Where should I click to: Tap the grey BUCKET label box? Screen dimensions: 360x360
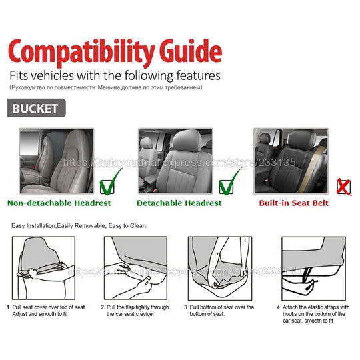pyautogui.click(x=37, y=108)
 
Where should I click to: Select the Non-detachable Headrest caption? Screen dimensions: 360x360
pyautogui.click(x=59, y=203)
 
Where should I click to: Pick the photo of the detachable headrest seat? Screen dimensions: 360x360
pyautogui.click(x=176, y=160)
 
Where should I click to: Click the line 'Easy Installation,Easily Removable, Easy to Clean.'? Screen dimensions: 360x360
pyautogui.click(x=80, y=226)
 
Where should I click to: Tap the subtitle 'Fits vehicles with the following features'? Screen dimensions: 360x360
pyautogui.click(x=114, y=75)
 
